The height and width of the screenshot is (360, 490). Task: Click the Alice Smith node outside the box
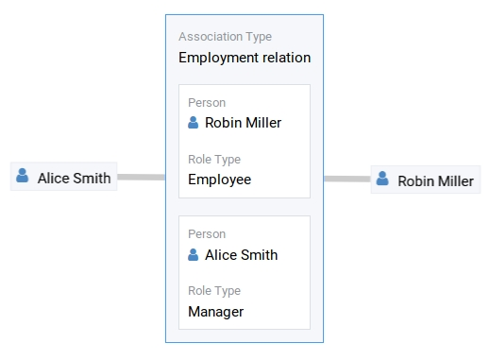tap(64, 177)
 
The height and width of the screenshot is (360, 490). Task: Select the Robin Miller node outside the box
tap(423, 180)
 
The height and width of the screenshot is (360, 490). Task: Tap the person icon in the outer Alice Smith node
tap(23, 176)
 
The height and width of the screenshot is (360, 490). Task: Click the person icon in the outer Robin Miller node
tap(382, 179)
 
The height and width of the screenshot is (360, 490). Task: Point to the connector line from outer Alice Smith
tap(141, 177)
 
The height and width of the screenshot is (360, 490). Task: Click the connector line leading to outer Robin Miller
tap(346, 179)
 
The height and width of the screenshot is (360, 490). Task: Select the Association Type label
tap(225, 37)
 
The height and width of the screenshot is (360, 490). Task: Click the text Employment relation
tap(245, 58)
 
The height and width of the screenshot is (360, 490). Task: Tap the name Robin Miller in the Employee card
tap(243, 123)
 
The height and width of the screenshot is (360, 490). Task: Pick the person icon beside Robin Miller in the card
tap(194, 123)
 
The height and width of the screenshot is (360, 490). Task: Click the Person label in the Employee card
tap(207, 102)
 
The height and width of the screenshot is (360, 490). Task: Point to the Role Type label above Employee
tap(214, 160)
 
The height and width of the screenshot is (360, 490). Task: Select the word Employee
tap(219, 180)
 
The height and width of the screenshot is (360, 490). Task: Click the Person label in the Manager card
tap(207, 234)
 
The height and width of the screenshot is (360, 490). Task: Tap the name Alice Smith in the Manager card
tap(241, 255)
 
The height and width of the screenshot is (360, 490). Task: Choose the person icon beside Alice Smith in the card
tap(194, 255)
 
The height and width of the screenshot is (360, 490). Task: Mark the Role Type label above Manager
tap(214, 291)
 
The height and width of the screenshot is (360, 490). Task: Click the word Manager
tap(215, 312)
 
